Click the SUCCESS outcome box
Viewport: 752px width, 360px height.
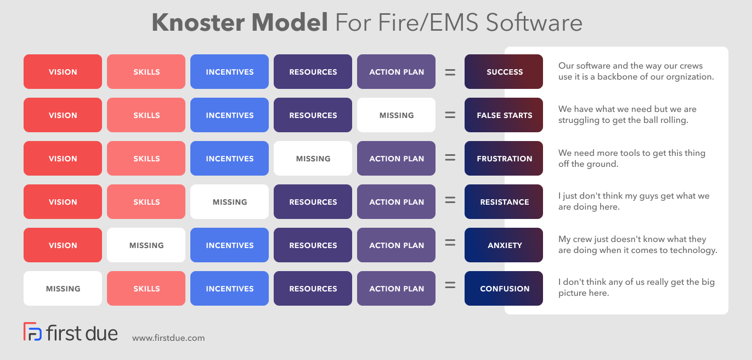tap(504, 72)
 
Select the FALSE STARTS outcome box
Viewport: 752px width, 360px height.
tap(504, 115)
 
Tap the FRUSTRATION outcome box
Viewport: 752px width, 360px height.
tap(504, 159)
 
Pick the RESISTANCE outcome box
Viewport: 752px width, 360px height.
tap(504, 202)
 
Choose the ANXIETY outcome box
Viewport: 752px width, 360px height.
tap(504, 245)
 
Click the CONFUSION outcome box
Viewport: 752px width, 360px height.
tap(504, 289)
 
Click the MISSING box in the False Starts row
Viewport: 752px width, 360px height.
tap(396, 115)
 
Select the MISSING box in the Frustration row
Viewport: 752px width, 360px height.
tap(313, 159)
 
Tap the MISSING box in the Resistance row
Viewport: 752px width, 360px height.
tap(229, 202)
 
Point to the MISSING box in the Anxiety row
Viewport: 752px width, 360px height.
tap(146, 245)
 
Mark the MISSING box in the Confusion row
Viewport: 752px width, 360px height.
tap(63, 289)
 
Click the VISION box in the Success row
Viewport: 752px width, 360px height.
tap(63, 72)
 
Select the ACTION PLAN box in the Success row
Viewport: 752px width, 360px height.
tap(396, 72)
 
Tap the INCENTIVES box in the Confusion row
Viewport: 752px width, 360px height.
tap(229, 289)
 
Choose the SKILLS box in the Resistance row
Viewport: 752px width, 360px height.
tap(146, 202)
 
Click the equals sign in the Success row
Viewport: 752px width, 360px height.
tap(450, 72)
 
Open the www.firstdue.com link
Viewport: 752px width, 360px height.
tap(168, 338)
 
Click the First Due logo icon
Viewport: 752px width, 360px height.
tap(32, 332)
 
